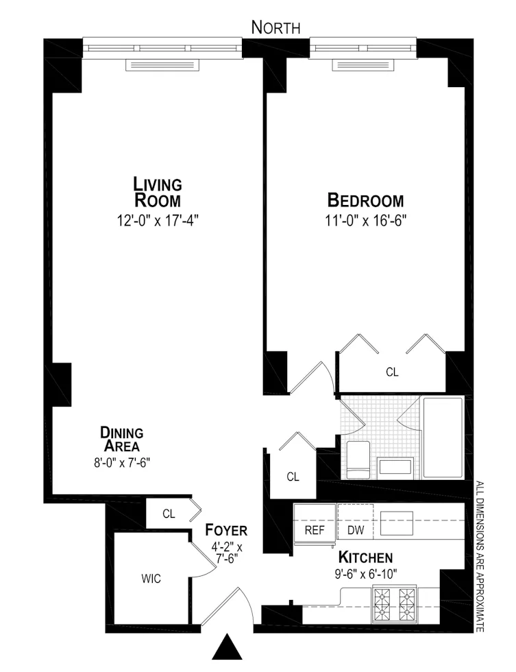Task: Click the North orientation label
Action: tap(276, 28)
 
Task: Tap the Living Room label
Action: tap(158, 193)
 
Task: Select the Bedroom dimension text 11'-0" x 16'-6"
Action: tap(365, 221)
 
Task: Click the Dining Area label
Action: tap(121, 440)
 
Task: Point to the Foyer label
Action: tap(226, 531)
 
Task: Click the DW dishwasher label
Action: tap(355, 530)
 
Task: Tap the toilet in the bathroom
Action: tap(358, 459)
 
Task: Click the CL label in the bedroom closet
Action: tap(392, 372)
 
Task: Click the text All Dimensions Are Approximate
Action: tap(479, 557)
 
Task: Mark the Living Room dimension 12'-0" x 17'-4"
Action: tap(158, 221)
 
